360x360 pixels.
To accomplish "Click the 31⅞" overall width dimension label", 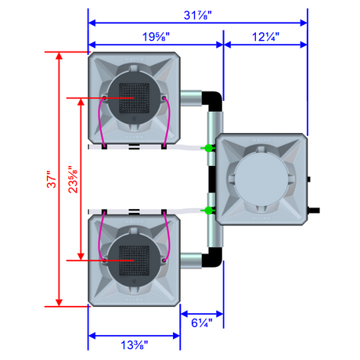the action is [x=197, y=15].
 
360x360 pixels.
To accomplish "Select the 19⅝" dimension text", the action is [x=156, y=37].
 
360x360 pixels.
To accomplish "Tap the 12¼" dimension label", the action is [x=265, y=37].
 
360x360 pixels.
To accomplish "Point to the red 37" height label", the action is [x=52, y=179].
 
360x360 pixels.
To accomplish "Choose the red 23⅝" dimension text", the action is [x=73, y=179].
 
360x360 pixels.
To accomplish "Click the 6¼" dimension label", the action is [x=202, y=323].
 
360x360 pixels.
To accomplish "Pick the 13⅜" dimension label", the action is [x=134, y=345].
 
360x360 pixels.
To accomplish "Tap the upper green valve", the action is [x=208, y=148].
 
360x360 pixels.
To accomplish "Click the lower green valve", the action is [x=208, y=211].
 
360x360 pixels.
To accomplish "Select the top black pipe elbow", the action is [x=214, y=100].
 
